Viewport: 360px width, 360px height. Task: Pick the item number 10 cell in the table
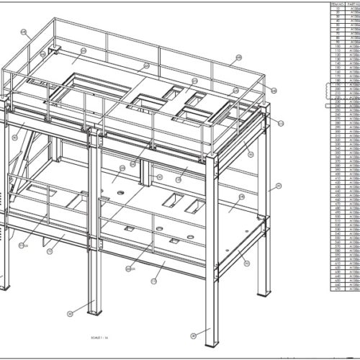coord(336,9)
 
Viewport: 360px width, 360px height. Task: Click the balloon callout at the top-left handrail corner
coord(24,32)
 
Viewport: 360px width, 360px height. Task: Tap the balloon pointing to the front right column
coord(193,336)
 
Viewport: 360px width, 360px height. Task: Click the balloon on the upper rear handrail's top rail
coord(238,58)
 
